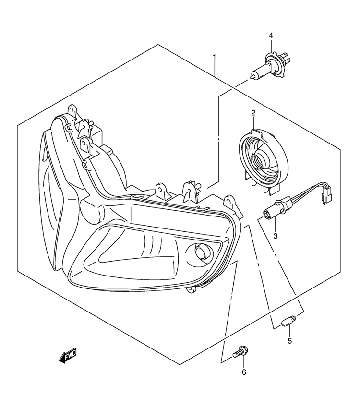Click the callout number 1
coord(214,57)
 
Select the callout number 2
coord(253,113)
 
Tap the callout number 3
coord(276,236)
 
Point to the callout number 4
coord(271,36)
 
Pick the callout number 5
coord(289,341)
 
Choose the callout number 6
coord(244,372)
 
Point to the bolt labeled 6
coord(240,352)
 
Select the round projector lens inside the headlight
coord(200,252)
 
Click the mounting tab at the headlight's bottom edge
coord(191,290)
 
